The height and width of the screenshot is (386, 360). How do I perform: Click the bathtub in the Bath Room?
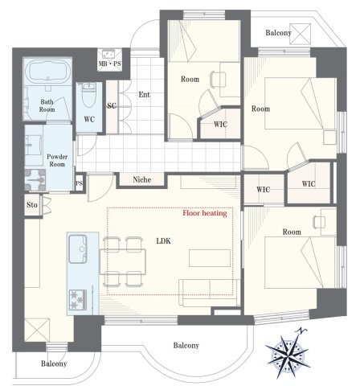[48, 72]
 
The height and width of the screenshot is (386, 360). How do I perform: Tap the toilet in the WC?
[89, 95]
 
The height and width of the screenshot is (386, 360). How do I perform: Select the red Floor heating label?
[205, 213]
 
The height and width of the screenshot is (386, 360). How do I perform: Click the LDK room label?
[163, 241]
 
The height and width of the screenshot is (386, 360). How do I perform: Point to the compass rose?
[288, 353]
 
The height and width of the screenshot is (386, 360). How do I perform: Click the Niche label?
[142, 179]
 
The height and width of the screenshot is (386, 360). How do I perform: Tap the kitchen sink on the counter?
[78, 248]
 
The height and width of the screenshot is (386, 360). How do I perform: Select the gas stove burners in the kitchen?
[78, 299]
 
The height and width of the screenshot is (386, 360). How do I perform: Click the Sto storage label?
[32, 205]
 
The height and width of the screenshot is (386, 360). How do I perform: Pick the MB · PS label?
[109, 64]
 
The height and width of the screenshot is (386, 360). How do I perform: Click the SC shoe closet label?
[112, 106]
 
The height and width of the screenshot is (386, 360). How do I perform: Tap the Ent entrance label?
[144, 95]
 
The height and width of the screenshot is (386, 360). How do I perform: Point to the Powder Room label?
[57, 160]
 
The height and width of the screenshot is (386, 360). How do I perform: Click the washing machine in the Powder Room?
[35, 179]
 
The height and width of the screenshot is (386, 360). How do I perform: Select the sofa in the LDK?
[210, 292]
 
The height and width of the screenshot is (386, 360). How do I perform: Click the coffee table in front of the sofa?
[210, 258]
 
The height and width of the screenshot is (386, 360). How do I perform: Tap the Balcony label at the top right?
[278, 33]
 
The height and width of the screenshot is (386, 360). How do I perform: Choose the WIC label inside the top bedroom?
[220, 125]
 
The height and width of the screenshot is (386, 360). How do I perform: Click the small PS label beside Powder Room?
[79, 183]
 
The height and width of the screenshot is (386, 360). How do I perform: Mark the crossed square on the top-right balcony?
[301, 34]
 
